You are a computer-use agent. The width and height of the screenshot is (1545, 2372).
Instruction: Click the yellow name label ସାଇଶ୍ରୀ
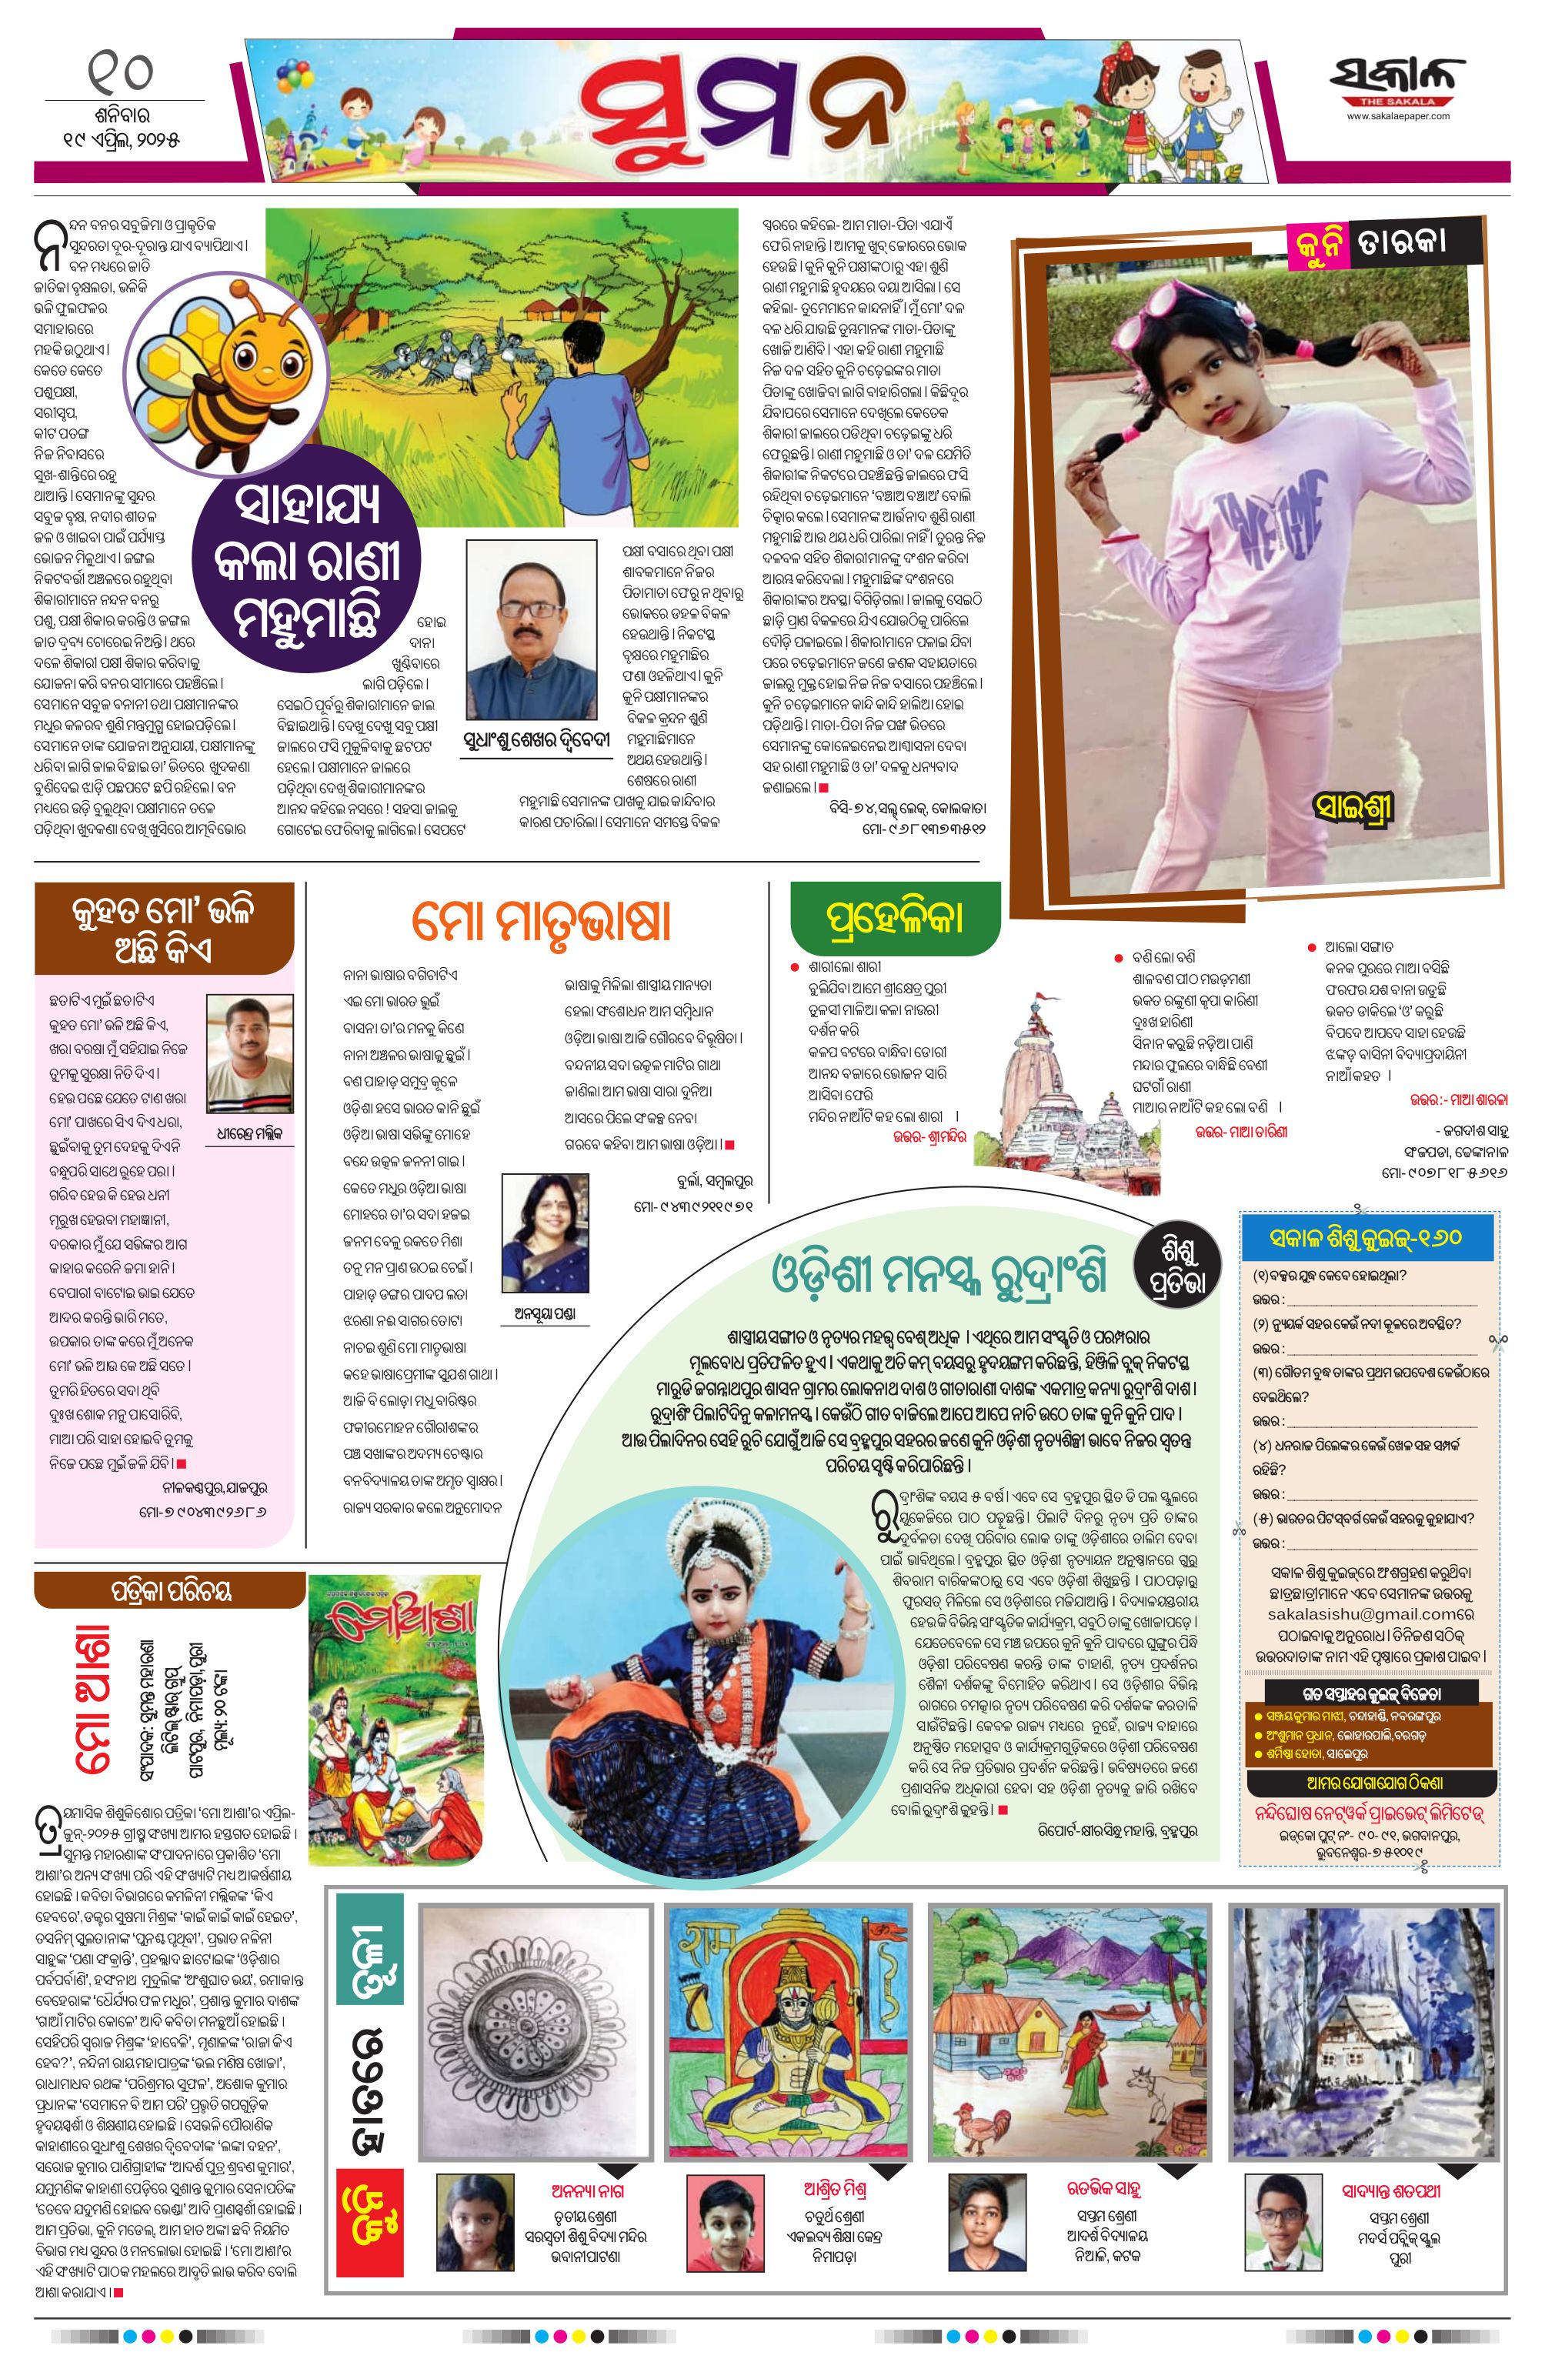pyautogui.click(x=1353, y=806)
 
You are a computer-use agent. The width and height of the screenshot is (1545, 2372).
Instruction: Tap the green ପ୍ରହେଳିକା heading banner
pyautogui.click(x=894, y=917)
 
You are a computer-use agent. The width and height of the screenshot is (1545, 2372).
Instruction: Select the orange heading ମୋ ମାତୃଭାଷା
pyautogui.click(x=542, y=922)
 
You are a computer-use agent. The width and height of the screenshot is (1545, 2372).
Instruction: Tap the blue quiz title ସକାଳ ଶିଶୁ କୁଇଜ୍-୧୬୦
pyautogui.click(x=1366, y=1238)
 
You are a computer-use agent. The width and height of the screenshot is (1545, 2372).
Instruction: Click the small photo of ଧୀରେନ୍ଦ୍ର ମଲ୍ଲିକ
pyautogui.click(x=249, y=1053)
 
